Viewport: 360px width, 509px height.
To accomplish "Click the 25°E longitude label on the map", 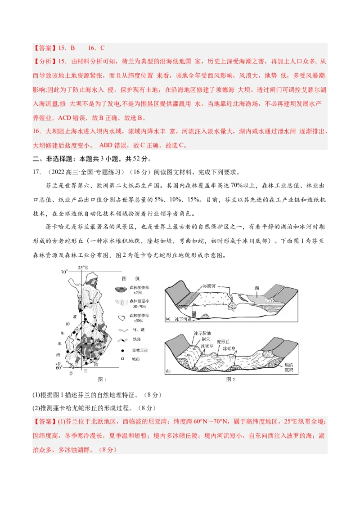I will point(83,268).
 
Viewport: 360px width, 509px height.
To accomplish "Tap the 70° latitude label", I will point(64,272).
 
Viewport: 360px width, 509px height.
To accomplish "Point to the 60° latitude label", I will point(58,368).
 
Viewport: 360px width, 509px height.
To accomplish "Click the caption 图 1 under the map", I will point(103,380).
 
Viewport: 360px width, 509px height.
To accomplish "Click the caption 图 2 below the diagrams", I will point(231,380).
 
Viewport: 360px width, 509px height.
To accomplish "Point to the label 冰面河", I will point(211,286).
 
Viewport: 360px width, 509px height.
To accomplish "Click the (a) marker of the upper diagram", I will point(167,319).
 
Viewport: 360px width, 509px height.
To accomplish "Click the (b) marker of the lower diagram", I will point(168,371).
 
